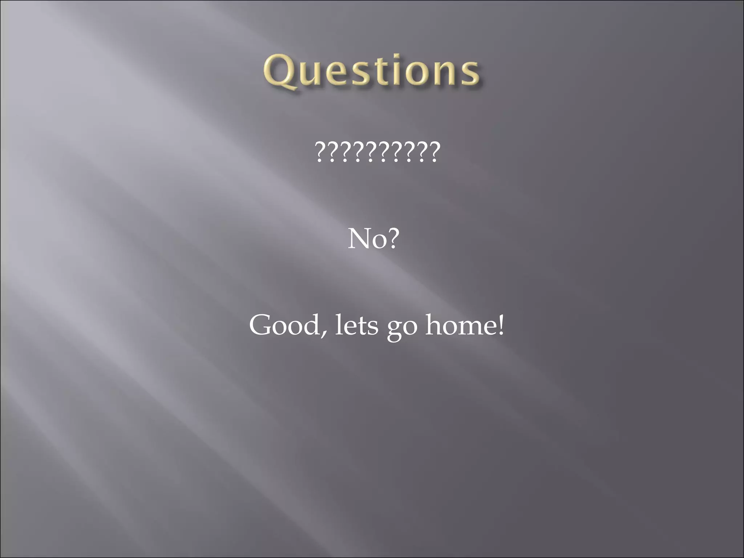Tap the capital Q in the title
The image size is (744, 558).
click(x=280, y=72)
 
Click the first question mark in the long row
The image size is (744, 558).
click(x=320, y=153)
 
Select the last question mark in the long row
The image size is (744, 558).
click(x=434, y=153)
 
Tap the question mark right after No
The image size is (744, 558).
click(x=392, y=239)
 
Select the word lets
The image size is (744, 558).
click(x=356, y=325)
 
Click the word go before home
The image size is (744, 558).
click(x=402, y=328)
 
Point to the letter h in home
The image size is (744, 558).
click(x=433, y=324)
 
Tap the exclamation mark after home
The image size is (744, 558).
click(x=501, y=325)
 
